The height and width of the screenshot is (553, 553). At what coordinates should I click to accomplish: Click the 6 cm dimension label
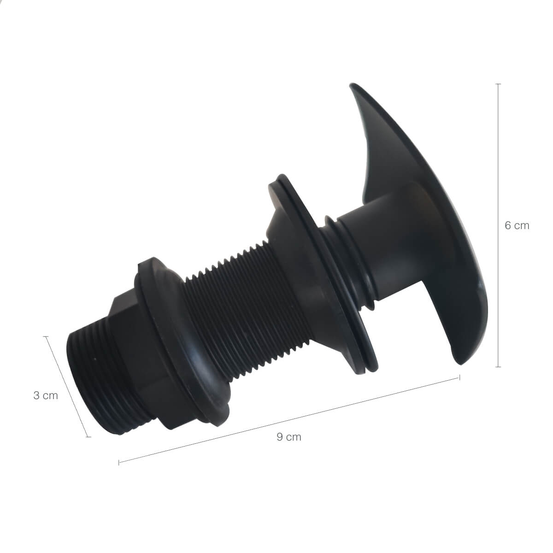[517, 225]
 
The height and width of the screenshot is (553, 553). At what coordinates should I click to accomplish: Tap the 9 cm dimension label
[289, 437]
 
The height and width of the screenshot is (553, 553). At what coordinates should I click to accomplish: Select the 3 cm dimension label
[46, 395]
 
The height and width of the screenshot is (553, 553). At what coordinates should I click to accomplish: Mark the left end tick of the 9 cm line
[119, 462]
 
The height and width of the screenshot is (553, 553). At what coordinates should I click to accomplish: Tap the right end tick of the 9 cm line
[459, 377]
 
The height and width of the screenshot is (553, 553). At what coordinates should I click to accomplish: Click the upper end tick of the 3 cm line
[46, 336]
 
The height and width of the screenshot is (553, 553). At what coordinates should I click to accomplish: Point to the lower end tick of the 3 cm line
[88, 437]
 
